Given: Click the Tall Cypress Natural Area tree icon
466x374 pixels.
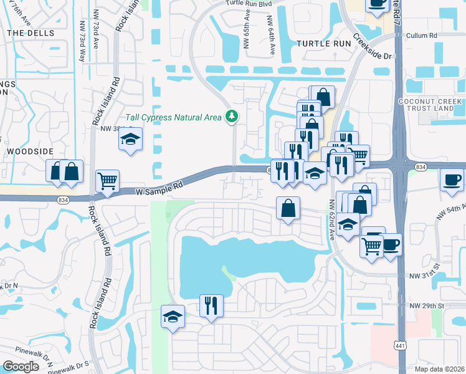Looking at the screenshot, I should [232, 116].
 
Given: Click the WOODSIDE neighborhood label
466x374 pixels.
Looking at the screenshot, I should [27, 151].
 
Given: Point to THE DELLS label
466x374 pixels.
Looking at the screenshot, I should [30, 32].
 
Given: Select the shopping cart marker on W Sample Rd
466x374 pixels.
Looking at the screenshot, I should [107, 181].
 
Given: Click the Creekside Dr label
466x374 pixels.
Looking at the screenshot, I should [373, 47].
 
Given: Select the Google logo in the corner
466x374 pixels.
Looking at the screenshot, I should [21, 367].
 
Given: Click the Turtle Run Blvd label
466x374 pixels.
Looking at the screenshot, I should [249, 3].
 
